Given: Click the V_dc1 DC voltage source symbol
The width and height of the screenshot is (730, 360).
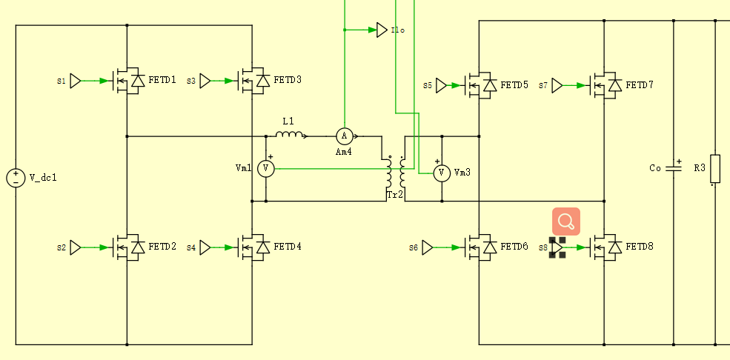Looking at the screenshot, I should click(x=16, y=178).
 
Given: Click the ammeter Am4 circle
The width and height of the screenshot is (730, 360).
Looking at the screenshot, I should click(x=344, y=136).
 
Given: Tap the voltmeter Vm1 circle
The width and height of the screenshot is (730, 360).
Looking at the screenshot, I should click(x=266, y=170).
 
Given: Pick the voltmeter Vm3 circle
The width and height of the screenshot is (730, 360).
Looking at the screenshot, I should click(x=442, y=173).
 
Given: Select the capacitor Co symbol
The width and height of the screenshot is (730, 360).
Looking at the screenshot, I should click(x=673, y=168).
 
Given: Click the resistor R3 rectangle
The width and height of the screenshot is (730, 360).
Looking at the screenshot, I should click(x=715, y=168).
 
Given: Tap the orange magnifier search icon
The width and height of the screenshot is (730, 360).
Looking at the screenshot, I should click(x=565, y=221).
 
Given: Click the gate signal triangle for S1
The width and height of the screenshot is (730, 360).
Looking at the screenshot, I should click(x=76, y=81).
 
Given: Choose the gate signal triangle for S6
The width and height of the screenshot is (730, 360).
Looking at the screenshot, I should click(x=428, y=247).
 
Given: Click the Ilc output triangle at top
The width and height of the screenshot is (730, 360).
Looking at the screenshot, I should click(x=381, y=30).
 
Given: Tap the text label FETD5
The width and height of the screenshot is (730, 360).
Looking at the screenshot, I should click(x=514, y=85).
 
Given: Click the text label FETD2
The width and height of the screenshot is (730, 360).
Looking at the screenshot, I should click(x=162, y=247).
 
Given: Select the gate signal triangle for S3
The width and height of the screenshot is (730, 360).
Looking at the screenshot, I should click(x=205, y=81).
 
